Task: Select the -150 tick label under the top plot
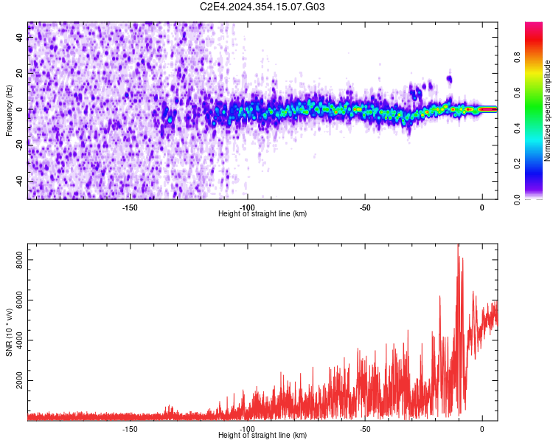click(x=130, y=207)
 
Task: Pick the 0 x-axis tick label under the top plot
click(x=482, y=207)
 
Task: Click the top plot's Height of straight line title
click(x=262, y=214)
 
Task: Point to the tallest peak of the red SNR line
click(x=458, y=246)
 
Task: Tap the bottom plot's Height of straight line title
click(x=262, y=436)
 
